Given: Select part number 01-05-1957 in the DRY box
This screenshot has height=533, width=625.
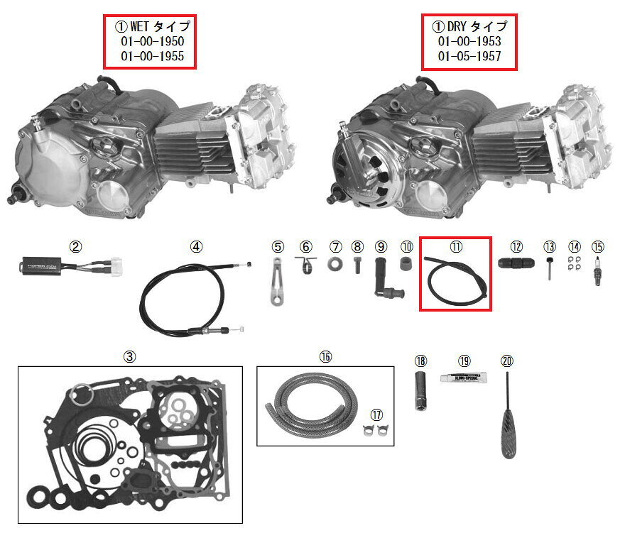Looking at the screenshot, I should click(469, 56).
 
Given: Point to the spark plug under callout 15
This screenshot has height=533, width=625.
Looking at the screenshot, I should click(598, 272).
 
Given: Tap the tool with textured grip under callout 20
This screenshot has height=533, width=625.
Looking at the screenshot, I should click(509, 426).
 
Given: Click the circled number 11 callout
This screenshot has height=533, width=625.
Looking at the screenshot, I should click(455, 246).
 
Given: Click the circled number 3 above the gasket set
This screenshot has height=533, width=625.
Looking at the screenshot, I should click(129, 357).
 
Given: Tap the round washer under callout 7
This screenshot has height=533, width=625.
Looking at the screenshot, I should click(335, 265).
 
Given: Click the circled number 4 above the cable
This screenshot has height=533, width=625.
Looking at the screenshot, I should click(196, 247).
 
